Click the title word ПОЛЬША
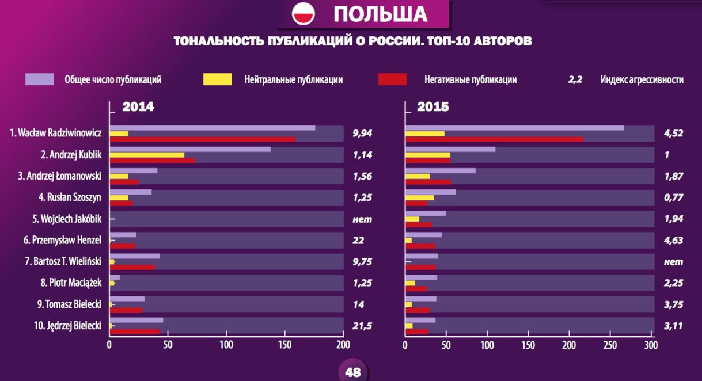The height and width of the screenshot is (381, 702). click(380, 14)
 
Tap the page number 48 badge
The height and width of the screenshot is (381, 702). click(352, 372)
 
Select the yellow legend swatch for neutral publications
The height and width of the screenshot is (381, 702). click(218, 79)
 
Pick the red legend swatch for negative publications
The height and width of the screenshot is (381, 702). click(392, 79)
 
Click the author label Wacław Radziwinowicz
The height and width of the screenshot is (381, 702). click(56, 133)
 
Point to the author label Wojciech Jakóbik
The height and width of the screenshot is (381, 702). click(67, 219)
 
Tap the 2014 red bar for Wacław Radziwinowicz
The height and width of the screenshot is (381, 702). click(202, 139)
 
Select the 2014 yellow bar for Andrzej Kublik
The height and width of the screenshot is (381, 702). click(147, 155)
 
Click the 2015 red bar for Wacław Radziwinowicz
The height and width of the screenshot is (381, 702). click(495, 139)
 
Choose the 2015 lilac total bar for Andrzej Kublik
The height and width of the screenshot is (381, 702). click(451, 149)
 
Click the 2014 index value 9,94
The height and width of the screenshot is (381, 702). click(362, 133)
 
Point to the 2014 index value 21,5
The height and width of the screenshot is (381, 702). click(362, 326)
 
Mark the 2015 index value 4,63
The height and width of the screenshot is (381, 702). click(673, 241)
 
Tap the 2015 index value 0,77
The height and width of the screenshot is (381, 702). click(673, 197)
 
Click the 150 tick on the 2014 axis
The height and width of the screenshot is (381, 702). click(284, 345)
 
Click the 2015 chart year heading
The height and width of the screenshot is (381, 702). click(433, 106)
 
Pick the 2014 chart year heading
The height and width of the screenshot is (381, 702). click(138, 106)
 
